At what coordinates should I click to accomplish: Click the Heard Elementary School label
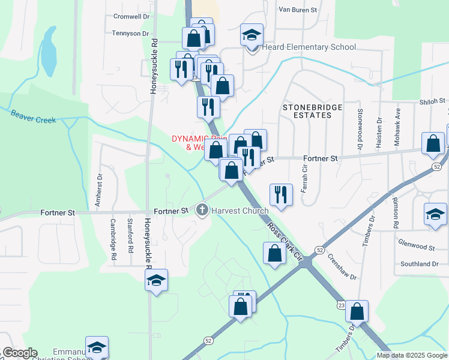click(309, 47)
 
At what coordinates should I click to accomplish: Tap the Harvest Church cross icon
click(202, 210)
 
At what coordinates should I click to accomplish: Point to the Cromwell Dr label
click(131, 16)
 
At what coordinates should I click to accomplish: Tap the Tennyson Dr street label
click(130, 34)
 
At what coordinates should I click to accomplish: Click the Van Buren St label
click(301, 10)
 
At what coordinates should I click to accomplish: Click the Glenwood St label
click(416, 247)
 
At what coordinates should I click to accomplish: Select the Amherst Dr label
click(100, 187)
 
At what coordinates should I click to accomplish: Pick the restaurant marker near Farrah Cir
click(281, 194)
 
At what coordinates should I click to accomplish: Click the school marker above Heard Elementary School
click(252, 34)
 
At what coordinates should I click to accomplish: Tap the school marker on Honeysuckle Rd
click(156, 280)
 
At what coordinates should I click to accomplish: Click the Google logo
click(19, 353)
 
